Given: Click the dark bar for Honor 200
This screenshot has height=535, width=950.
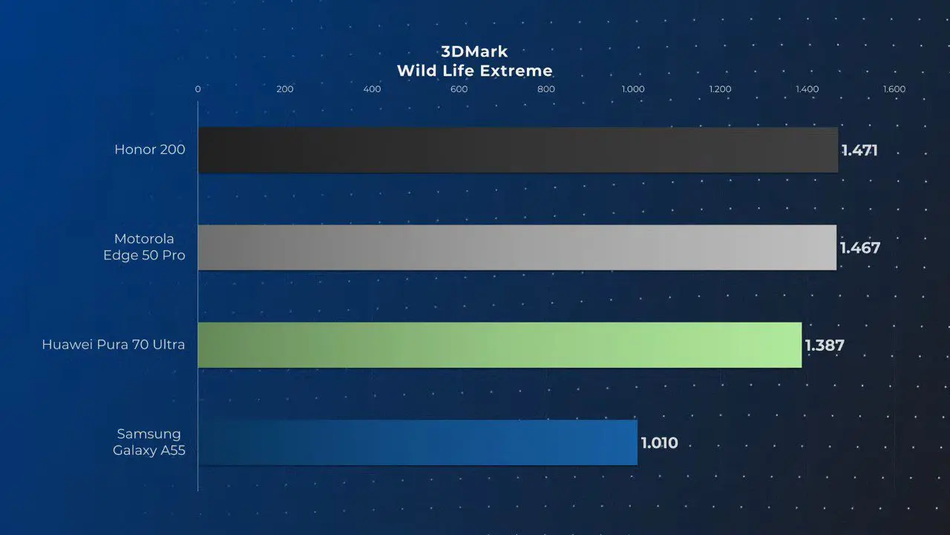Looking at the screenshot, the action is [518, 150].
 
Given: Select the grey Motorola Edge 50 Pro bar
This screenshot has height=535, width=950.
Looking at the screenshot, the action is [517, 247].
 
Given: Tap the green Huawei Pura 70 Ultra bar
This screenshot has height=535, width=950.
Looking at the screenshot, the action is [499, 346].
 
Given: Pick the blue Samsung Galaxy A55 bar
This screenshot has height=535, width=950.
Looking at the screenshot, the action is [418, 442].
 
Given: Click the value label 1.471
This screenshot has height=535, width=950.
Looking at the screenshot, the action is [859, 150].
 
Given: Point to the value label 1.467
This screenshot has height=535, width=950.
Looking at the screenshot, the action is [860, 248].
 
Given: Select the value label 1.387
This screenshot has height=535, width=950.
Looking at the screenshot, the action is [825, 346].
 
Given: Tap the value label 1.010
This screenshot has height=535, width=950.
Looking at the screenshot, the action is [660, 443].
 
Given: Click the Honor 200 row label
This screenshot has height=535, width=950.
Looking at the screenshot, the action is [150, 149].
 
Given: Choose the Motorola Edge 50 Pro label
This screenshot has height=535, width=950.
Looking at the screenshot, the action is [144, 247].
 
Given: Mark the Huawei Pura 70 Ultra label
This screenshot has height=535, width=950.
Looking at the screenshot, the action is [114, 344].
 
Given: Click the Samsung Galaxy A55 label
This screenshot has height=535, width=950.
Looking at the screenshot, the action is [149, 442].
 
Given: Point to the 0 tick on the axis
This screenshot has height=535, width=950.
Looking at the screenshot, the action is [197, 89].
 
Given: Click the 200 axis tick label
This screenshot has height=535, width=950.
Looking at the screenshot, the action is [284, 89].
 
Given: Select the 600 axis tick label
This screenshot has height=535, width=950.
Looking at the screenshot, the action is [459, 89].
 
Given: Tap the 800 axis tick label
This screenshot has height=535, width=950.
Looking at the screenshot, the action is [546, 89].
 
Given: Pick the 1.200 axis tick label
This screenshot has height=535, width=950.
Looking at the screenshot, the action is [720, 89].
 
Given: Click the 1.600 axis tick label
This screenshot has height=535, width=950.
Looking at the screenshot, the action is [894, 89].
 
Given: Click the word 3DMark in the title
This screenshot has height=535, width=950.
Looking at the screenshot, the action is [474, 52].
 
